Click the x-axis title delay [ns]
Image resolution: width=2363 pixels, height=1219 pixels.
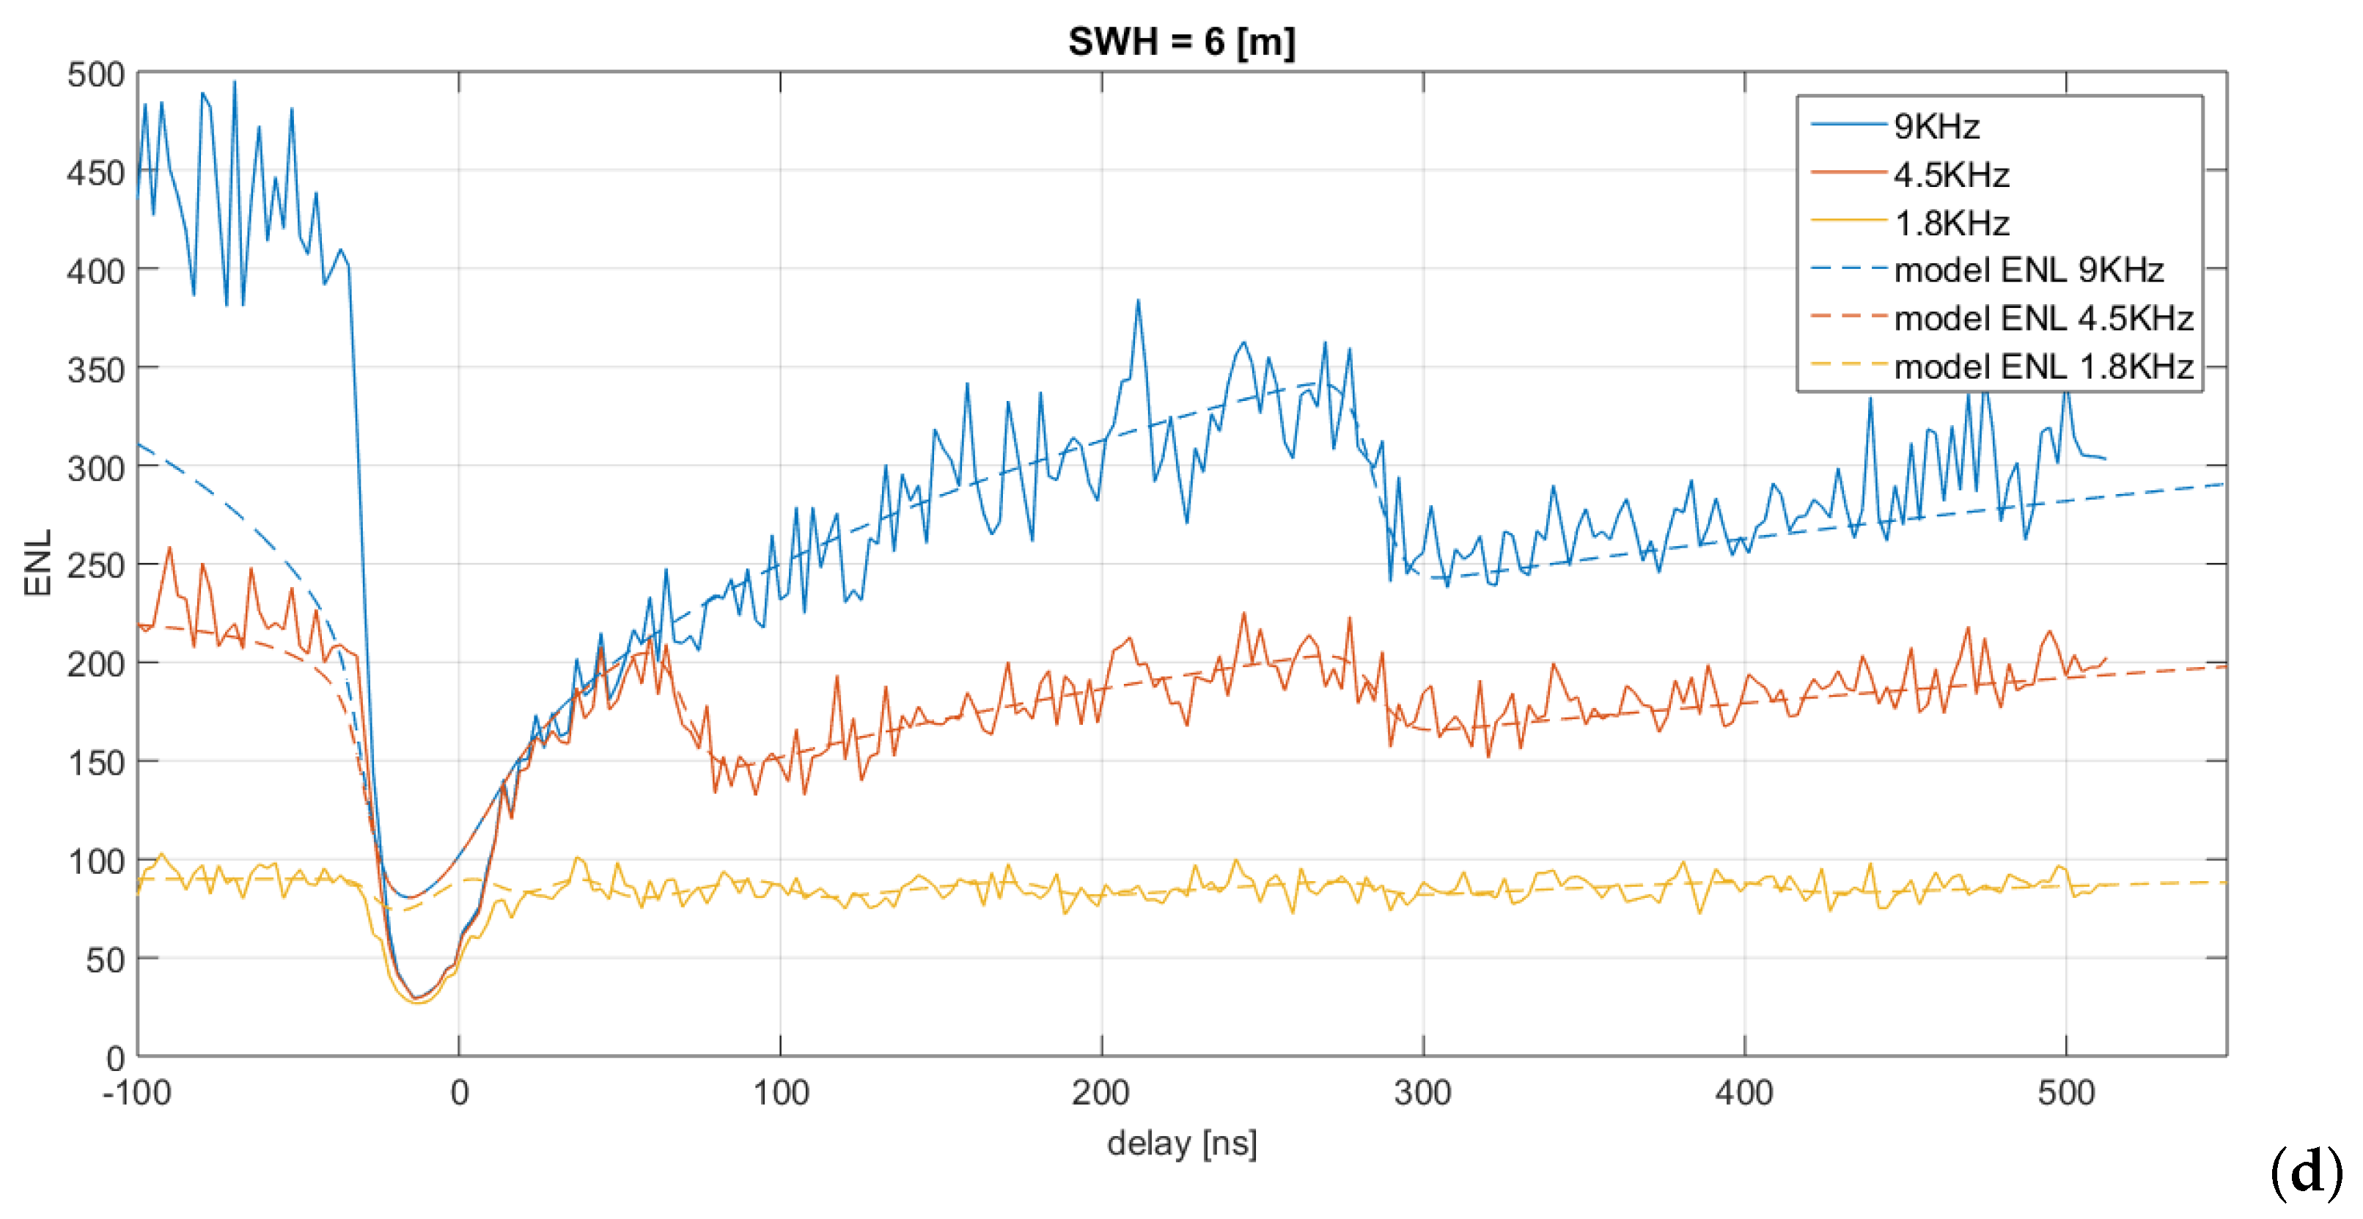[x=1182, y=1143]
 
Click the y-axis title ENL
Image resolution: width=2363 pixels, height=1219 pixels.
[x=37, y=563]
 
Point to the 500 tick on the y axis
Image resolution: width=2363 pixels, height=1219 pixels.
[x=95, y=74]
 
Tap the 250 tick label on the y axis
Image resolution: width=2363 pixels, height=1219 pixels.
[x=95, y=566]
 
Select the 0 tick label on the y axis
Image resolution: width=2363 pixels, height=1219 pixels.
[x=114, y=1058]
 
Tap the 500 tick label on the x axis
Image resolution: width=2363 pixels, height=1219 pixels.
[x=2066, y=1094]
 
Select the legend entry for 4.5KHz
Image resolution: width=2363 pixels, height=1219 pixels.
[x=1950, y=174]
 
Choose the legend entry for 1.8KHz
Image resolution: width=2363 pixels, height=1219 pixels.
[x=1950, y=223]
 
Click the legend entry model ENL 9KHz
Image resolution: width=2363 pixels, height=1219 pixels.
[x=2027, y=270]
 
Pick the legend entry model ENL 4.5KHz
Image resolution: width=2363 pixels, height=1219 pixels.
[x=2042, y=318]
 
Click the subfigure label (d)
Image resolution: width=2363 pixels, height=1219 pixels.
[x=2304, y=1173]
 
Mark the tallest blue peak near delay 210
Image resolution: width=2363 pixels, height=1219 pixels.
[x=1139, y=301]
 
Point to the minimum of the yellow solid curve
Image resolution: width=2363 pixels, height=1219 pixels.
[x=419, y=1003]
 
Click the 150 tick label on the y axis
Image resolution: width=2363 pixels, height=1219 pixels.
[x=95, y=763]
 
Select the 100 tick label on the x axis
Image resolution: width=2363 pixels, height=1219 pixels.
[x=781, y=1094]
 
